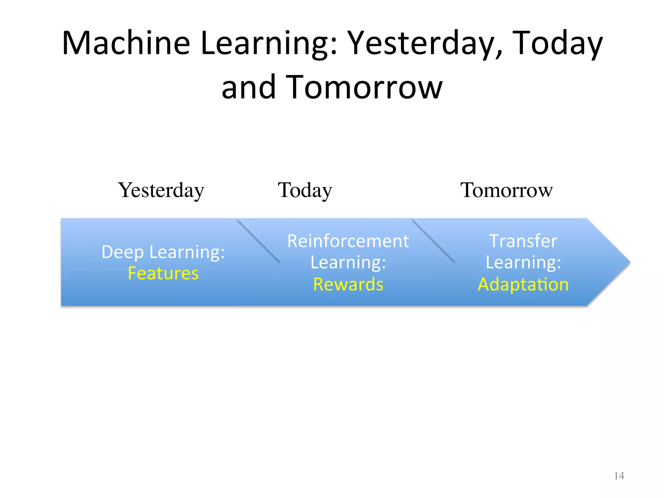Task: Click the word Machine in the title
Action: (126, 43)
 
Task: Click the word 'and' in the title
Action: (248, 87)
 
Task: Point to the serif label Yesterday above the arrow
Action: (161, 190)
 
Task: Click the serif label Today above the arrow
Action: (305, 190)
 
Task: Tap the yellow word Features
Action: (163, 273)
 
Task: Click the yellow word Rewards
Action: (348, 284)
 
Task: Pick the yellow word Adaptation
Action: (523, 284)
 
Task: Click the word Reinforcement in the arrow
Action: (348, 241)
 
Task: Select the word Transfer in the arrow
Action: (523, 241)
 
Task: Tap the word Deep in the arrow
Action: (122, 252)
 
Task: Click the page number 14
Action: (619, 476)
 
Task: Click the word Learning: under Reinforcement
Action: (348, 263)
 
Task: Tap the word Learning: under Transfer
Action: (523, 263)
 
